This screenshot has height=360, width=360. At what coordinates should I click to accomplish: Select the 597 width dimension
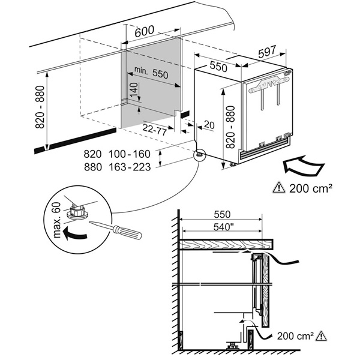[272, 53]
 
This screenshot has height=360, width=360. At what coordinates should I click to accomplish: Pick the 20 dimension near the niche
[209, 124]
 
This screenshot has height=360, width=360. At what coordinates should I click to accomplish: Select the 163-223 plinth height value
[129, 167]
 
